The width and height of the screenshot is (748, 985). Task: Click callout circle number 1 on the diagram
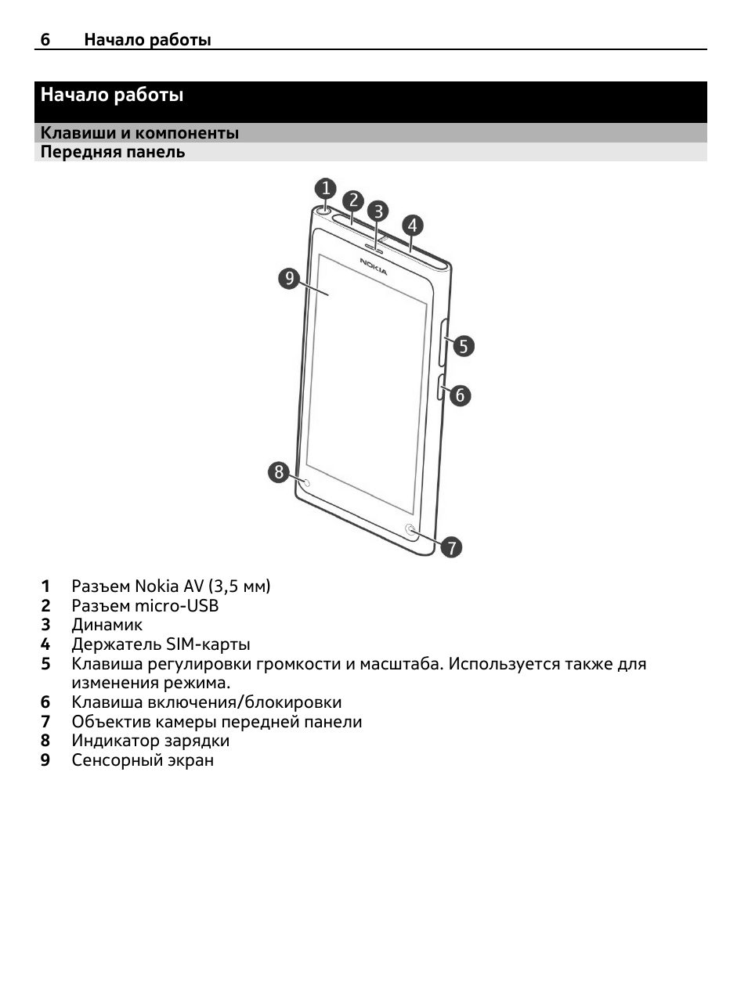[x=326, y=188]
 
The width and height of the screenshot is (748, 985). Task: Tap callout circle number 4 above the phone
[x=412, y=226]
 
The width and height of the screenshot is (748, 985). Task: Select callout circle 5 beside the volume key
[x=464, y=346]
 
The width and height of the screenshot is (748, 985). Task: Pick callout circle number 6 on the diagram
[x=460, y=395]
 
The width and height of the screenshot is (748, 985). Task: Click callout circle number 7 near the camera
[x=451, y=547]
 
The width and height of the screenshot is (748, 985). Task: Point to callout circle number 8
[x=279, y=472]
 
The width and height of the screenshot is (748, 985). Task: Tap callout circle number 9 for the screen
[x=290, y=279]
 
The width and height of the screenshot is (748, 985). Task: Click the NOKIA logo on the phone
[x=374, y=266]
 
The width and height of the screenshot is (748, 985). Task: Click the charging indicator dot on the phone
[x=307, y=483]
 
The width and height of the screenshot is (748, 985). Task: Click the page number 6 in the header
[x=45, y=39]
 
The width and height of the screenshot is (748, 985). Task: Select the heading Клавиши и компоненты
[x=139, y=133]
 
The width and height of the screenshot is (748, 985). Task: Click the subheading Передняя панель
[x=113, y=152]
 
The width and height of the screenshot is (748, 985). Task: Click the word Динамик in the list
[x=107, y=625]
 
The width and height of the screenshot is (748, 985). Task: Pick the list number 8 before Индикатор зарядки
[x=45, y=741]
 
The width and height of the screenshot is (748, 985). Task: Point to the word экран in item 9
[x=190, y=760]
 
